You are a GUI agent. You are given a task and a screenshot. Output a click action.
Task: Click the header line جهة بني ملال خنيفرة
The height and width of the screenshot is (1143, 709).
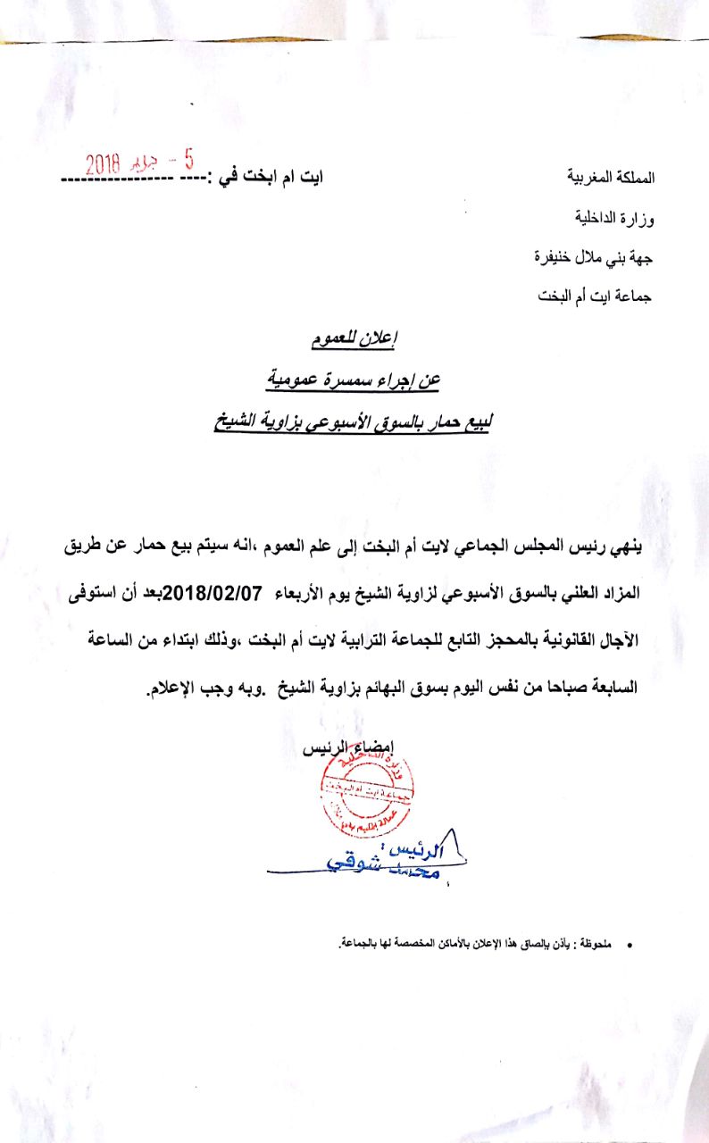click(x=594, y=257)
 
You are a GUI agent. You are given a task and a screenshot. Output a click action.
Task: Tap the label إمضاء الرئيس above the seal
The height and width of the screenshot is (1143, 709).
click(x=356, y=748)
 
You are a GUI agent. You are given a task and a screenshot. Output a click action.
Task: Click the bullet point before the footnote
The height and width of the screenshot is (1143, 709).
click(x=629, y=943)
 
